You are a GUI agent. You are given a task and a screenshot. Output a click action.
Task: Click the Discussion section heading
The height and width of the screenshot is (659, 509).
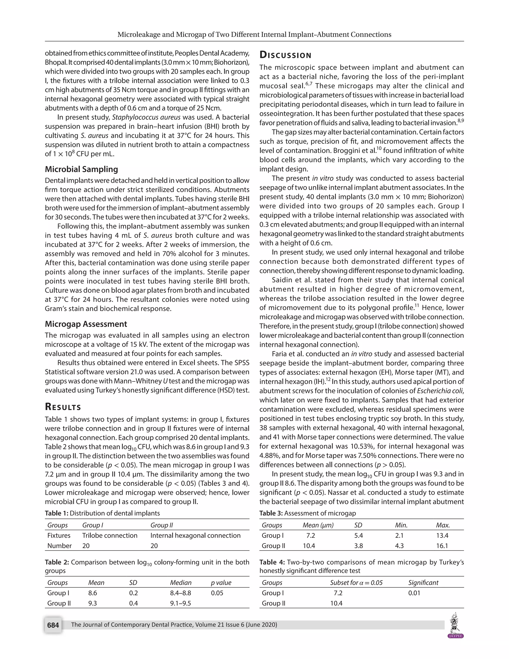point(285,55)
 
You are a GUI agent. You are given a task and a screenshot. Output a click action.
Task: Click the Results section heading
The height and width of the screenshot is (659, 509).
point(63,407)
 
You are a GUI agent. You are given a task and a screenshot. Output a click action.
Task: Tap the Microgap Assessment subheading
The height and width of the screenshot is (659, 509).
point(86,324)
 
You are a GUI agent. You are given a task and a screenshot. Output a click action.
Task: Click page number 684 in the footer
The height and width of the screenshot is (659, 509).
point(53,625)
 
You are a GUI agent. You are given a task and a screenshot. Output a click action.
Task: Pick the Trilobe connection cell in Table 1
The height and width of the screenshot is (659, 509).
point(110,535)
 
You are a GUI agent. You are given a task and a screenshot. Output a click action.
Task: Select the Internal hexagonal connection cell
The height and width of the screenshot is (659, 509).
point(195,535)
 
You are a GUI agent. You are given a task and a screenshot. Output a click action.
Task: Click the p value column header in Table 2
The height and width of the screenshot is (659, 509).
point(221,582)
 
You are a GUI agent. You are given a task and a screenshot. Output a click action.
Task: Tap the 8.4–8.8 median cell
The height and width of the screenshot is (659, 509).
point(180,593)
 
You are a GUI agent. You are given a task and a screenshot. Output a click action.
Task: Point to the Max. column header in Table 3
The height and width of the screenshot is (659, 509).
point(443,525)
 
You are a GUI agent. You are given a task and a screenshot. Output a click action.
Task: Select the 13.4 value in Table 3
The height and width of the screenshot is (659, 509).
point(442,535)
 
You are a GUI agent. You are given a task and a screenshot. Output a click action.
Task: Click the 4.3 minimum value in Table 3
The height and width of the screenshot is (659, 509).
point(399,546)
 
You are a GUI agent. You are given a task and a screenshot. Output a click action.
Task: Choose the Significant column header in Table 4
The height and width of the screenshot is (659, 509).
point(423,582)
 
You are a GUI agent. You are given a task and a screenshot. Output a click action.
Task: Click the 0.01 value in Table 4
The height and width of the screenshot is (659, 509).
point(414,593)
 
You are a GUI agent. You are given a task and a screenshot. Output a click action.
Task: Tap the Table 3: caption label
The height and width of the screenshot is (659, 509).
point(271,513)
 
